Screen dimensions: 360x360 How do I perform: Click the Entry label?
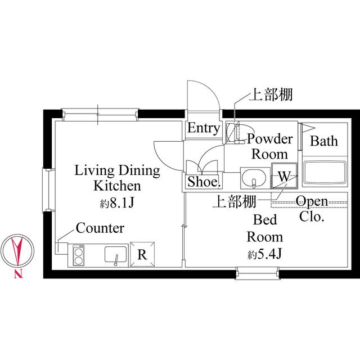pos(203,128)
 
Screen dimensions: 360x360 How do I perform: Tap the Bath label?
pos(324,141)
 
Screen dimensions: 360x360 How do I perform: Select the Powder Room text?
pos(270,146)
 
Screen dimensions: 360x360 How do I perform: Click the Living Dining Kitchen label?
pos(117,178)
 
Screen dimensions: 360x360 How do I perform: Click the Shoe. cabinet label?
pos(203,182)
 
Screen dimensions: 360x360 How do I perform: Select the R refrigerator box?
pos(142,254)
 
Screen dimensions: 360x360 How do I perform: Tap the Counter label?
pos(100,228)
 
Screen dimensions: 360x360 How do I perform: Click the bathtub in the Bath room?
pos(325,173)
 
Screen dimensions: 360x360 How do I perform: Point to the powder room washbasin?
pos(255,178)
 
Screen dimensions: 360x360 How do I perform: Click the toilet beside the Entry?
pos(232,133)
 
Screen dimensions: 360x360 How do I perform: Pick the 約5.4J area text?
pos(264,254)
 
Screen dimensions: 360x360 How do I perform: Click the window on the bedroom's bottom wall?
pos(257,273)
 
